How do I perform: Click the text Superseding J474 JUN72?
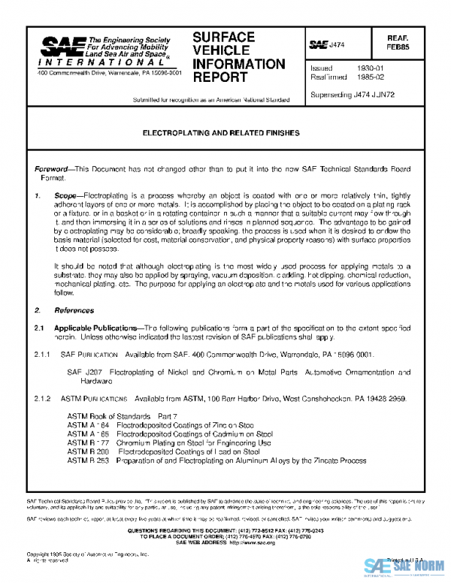(350, 95)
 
